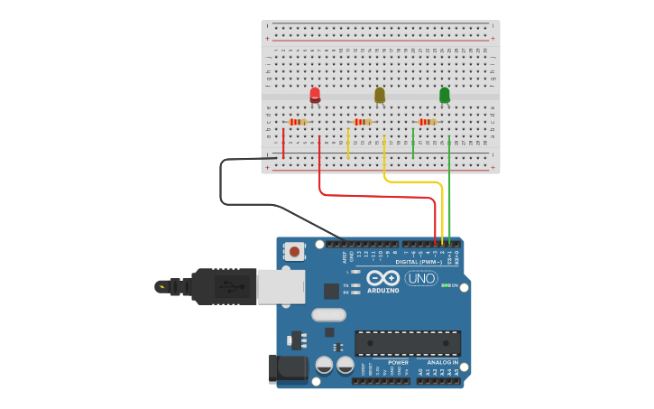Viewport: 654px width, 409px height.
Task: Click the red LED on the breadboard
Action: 315,94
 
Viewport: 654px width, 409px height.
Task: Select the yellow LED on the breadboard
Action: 380,94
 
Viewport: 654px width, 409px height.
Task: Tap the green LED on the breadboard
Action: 445,94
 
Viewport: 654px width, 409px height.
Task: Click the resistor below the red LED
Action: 298,122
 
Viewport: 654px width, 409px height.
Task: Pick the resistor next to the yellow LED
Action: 363,122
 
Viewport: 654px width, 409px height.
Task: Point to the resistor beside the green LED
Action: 428,122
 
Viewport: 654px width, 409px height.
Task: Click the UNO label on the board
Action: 421,278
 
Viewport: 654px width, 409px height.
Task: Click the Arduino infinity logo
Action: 383,278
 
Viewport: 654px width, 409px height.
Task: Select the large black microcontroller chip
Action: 408,343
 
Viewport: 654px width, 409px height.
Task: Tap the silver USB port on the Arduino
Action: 281,286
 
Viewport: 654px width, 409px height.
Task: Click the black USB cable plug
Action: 222,287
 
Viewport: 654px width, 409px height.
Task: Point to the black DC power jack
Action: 288,368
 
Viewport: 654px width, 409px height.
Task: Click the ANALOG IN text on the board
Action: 442,362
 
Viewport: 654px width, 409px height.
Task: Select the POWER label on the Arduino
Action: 398,362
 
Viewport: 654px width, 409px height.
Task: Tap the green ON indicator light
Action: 446,285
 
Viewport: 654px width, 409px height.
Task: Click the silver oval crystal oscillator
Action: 329,315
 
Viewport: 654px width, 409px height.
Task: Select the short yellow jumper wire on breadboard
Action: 348,143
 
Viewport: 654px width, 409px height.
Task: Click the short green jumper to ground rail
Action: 413,143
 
